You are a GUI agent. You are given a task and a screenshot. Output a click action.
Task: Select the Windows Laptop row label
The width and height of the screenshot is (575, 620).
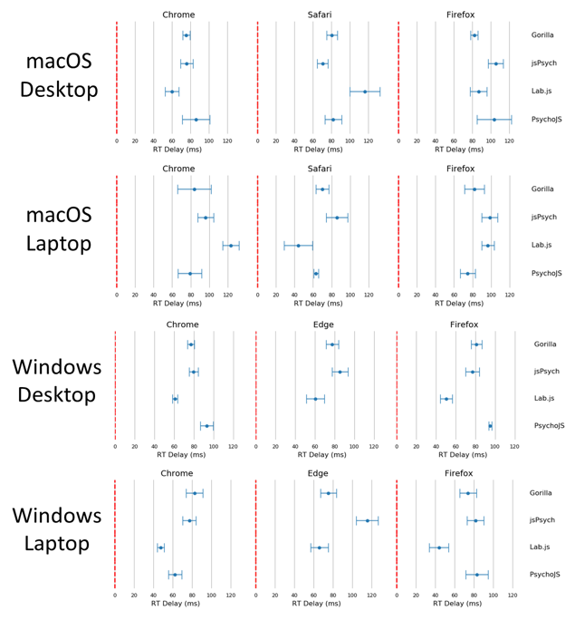56,529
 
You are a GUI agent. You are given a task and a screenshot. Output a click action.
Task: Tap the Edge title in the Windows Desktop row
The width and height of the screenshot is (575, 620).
319,325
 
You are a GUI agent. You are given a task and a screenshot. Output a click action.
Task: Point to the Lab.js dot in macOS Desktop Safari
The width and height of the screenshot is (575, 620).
365,92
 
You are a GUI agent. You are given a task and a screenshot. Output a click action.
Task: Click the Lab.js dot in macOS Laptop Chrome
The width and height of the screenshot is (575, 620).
231,246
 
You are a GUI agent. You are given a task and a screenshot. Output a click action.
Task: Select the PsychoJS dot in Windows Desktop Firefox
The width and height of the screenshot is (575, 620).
490,426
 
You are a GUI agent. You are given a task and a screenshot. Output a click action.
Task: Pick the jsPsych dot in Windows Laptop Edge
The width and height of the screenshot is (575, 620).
368,520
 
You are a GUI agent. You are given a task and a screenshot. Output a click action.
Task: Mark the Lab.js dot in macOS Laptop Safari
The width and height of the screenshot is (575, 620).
298,246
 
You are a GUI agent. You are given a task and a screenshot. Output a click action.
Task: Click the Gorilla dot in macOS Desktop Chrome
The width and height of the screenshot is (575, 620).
187,35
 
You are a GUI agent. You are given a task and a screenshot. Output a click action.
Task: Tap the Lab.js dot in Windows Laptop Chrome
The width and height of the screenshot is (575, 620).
161,547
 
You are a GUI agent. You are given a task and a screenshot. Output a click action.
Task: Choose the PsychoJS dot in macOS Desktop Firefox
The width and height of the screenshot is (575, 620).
494,120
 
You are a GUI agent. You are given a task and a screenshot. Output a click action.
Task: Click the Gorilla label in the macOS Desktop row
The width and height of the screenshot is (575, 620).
543,35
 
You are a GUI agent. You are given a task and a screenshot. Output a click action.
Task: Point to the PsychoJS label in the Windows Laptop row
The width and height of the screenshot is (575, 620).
545,575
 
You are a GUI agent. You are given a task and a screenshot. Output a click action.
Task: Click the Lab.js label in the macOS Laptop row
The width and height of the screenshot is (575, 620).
542,246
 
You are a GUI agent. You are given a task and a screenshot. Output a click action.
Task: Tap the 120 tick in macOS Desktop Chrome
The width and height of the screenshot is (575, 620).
227,141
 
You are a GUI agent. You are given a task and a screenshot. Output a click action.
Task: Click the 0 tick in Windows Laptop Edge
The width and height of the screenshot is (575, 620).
256,595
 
